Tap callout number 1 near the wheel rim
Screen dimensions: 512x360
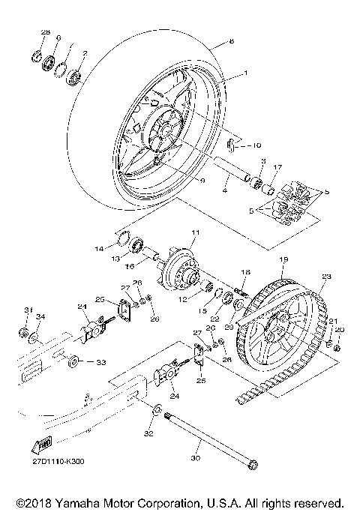(244, 74)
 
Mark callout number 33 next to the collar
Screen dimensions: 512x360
(100, 362)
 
